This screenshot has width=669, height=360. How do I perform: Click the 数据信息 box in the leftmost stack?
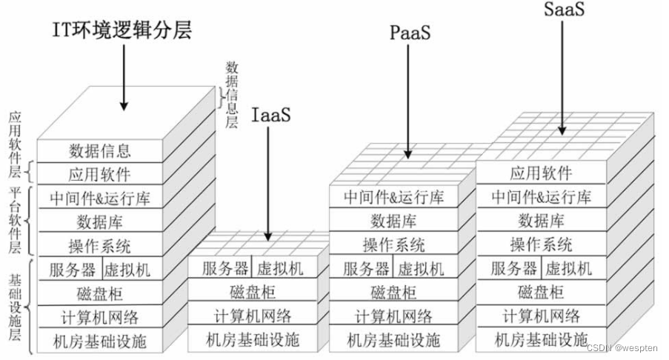99,151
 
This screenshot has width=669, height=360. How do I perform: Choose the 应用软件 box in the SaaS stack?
541,173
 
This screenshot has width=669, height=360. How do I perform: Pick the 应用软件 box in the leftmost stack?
99,175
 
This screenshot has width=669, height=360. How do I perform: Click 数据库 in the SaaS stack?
541,220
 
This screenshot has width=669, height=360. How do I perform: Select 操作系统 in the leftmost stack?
99,244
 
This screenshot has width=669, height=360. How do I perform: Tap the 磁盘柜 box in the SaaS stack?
541,292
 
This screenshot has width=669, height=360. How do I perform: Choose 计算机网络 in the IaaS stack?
253,316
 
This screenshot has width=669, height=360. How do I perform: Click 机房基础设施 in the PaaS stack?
393,340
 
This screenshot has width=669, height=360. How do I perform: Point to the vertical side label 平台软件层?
16,221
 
